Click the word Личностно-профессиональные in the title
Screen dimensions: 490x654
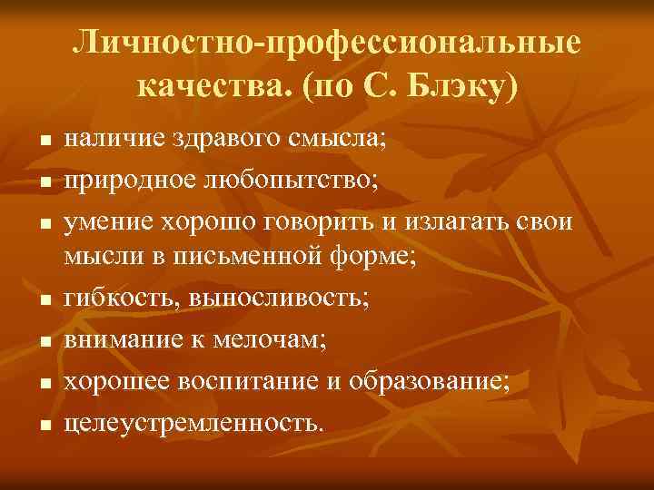[327, 43]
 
